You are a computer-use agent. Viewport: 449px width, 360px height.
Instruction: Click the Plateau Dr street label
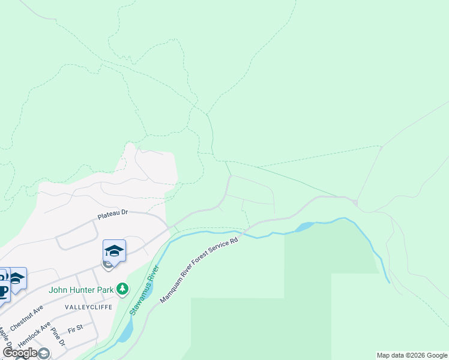click(113, 212)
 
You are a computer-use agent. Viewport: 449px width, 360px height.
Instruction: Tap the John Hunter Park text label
click(82, 290)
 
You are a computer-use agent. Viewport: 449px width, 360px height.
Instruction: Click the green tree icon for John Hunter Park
click(122, 289)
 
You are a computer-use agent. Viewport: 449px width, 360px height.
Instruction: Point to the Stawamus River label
click(143, 290)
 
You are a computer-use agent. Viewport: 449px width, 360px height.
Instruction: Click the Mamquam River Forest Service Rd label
click(199, 269)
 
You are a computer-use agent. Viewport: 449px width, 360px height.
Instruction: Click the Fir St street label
click(75, 329)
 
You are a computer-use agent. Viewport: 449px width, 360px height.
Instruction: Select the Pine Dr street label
click(58, 337)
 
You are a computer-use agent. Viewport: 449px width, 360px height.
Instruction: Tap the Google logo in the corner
click(20, 353)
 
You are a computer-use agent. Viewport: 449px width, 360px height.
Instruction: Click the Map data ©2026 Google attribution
click(412, 355)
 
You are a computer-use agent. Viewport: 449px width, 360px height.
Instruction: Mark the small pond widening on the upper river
click(305, 226)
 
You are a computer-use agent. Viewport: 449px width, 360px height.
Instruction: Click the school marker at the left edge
click(17, 278)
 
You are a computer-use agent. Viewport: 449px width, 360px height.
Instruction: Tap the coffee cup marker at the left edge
click(3, 290)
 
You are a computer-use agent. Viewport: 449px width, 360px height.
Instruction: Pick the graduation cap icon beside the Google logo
click(44, 353)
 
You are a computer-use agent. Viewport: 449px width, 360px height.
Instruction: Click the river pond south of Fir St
click(125, 331)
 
